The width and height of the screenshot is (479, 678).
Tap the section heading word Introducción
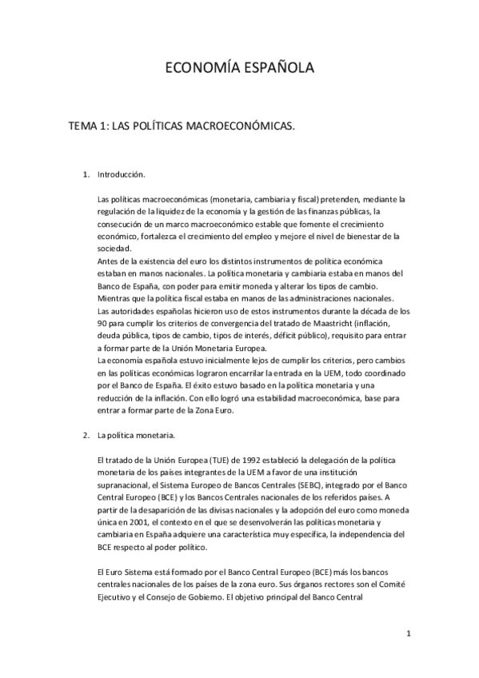pyautogui.click(x=121, y=173)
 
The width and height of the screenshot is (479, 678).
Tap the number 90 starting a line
pyautogui.click(x=101, y=321)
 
